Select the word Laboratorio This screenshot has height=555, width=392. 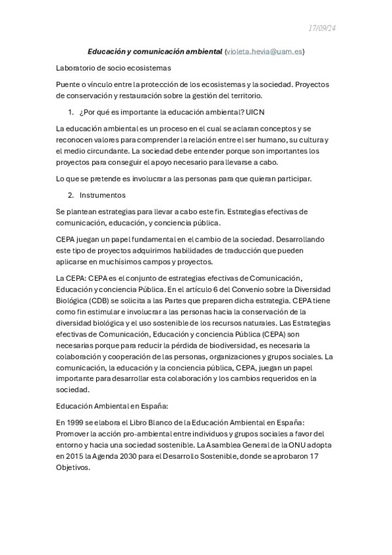coord(77,67)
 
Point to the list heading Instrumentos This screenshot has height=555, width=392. coord(103,195)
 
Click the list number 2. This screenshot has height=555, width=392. coord(71,195)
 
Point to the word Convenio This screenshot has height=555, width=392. coord(244,289)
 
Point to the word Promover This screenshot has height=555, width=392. coord(74,434)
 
